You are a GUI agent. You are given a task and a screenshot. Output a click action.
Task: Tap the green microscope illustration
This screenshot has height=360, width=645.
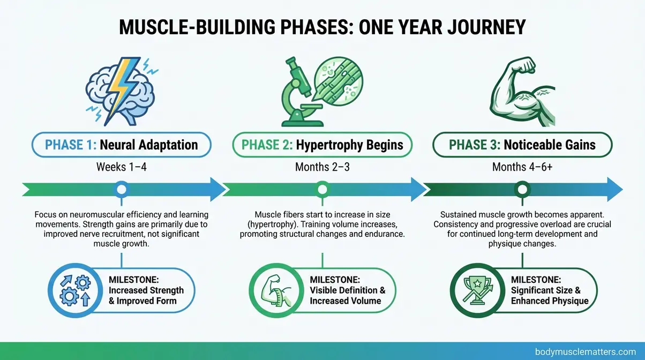[298, 88]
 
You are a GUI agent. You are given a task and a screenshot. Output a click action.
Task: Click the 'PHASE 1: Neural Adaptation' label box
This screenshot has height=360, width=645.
[121, 145]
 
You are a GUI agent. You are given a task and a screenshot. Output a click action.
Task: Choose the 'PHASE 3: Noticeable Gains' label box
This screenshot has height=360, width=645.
[522, 145]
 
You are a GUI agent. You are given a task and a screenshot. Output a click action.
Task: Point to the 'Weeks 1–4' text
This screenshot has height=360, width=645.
[121, 167]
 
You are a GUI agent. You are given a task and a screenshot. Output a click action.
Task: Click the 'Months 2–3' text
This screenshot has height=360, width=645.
[322, 167]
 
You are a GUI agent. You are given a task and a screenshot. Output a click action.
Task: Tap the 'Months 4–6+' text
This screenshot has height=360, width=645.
[522, 167]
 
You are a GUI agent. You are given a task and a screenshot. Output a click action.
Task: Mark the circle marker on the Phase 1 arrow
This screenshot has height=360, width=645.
[122, 189]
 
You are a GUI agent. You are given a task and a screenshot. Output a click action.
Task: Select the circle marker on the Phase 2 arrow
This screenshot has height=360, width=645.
[322, 189]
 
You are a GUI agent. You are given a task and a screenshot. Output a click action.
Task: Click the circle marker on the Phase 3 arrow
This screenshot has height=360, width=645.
[522, 189]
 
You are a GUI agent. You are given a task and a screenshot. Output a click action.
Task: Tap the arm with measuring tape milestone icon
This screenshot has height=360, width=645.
[274, 290]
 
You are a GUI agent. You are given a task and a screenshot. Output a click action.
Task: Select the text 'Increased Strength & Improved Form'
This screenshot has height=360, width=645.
[146, 295]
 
